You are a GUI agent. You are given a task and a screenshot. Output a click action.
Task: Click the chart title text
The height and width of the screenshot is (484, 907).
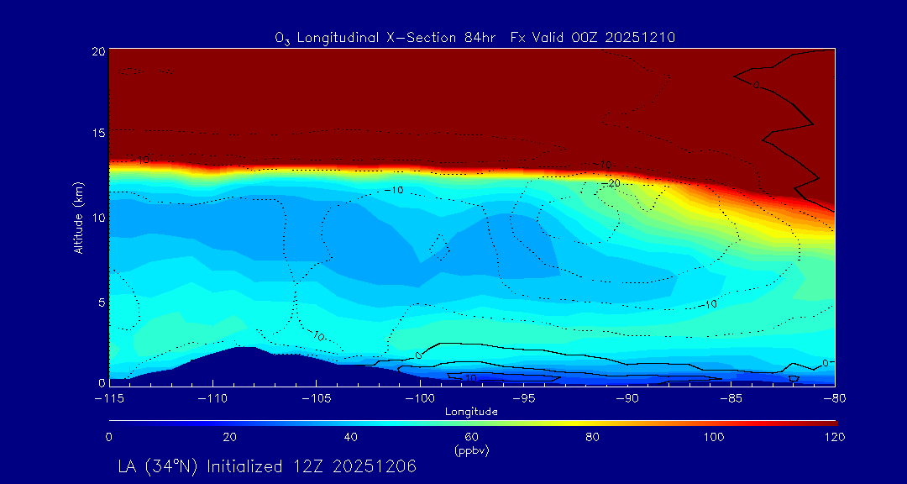475,37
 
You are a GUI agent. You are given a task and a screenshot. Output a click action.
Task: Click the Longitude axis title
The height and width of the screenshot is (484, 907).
472,412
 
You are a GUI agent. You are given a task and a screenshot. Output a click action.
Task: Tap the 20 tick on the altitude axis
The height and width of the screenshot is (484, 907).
97,51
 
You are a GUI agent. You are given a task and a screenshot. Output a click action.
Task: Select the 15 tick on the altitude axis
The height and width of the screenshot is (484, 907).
97,134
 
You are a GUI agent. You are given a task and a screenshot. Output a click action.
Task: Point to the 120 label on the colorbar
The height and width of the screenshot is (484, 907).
834,437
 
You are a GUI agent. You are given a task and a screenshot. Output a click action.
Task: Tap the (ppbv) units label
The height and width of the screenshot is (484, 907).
472,450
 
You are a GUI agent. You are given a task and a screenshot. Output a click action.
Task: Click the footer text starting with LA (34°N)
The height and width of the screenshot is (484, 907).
267,466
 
